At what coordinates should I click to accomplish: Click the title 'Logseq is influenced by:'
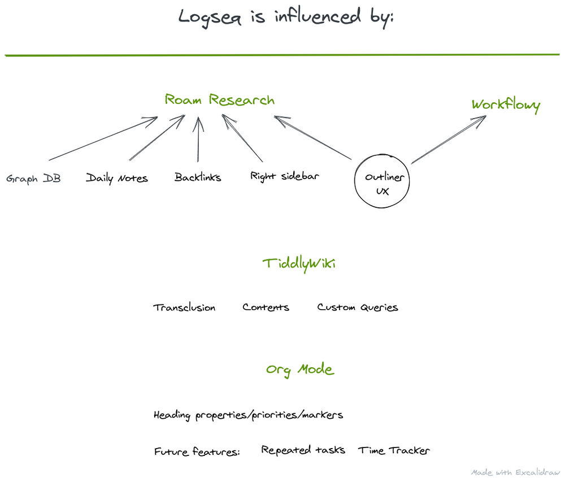286,17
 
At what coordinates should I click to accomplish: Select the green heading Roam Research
219,100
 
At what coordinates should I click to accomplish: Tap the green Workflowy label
506,105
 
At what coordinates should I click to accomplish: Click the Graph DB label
33,179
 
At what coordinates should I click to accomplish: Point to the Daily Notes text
117,179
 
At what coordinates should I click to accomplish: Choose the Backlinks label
198,177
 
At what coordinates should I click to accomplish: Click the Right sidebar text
285,176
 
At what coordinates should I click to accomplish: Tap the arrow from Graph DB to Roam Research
102,138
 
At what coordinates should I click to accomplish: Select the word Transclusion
184,308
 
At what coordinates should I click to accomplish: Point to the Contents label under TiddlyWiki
266,307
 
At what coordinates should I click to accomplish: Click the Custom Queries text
358,307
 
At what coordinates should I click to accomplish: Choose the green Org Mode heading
300,370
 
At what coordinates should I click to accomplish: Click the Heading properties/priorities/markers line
248,415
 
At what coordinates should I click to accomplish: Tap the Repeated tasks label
303,450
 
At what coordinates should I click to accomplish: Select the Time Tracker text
394,450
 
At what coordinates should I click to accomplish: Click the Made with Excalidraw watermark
515,472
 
